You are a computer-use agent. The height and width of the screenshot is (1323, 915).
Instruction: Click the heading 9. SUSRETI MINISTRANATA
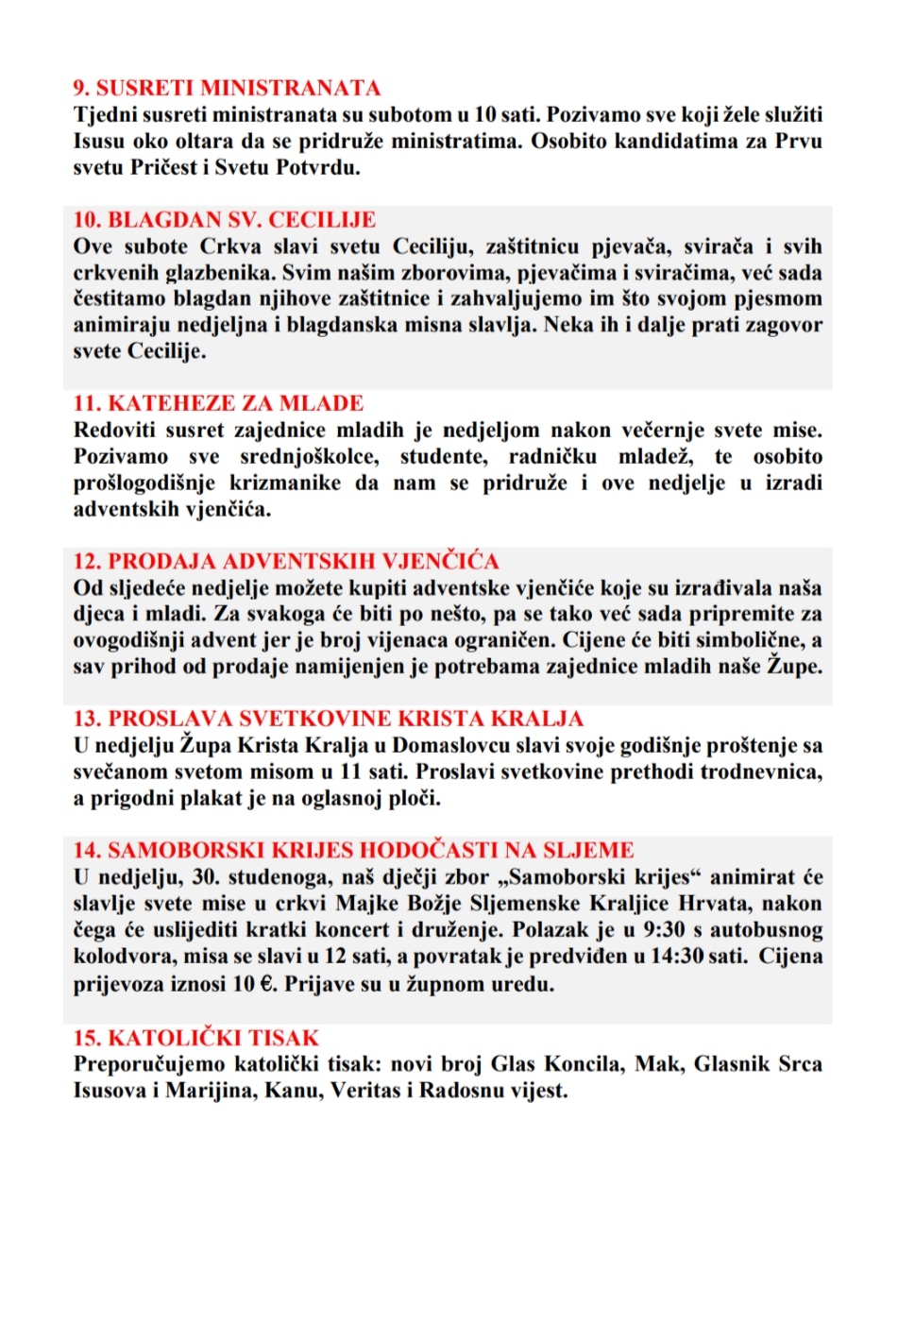click(227, 88)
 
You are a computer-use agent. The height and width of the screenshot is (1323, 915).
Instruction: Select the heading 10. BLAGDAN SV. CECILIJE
click(225, 220)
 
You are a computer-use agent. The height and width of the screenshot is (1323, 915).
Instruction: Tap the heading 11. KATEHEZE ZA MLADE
click(218, 403)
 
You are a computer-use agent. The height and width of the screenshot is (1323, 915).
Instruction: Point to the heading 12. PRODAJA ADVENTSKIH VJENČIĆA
click(286, 561)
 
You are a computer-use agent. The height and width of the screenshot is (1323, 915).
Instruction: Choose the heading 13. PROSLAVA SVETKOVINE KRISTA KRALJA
click(328, 719)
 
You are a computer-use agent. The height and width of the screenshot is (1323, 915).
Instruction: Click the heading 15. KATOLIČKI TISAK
click(196, 1038)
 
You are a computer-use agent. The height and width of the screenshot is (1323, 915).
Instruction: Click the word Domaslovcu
click(450, 745)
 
